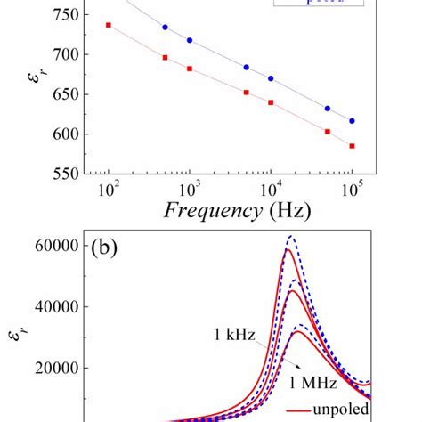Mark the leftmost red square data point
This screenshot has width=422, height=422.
108,25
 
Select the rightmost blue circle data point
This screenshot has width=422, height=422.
352,121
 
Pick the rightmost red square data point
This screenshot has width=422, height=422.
352,146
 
